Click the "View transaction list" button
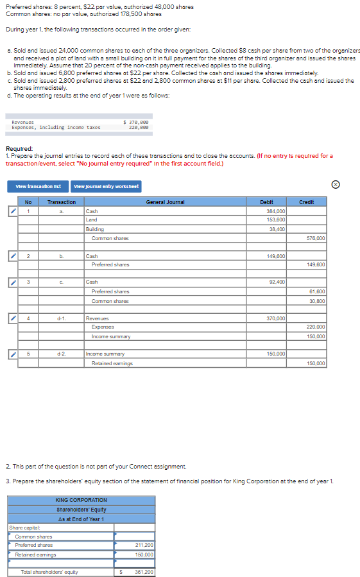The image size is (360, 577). [x=39, y=186]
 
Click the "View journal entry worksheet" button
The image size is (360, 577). [x=107, y=186]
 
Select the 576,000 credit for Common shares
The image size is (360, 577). [x=315, y=238]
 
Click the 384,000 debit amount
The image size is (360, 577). [x=276, y=211]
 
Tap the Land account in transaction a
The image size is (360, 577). [x=92, y=220]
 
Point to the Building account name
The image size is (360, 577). [x=95, y=229]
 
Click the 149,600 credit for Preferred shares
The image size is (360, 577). [x=315, y=264]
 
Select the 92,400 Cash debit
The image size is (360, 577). [x=277, y=282]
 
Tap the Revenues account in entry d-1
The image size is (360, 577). [x=98, y=318]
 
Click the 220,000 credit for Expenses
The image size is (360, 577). [x=315, y=327]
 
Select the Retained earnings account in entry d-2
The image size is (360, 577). [x=112, y=363]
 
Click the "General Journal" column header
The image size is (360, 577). [x=165, y=202]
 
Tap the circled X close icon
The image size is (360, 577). [x=352, y=185]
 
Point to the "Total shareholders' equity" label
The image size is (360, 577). [x=49, y=572]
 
